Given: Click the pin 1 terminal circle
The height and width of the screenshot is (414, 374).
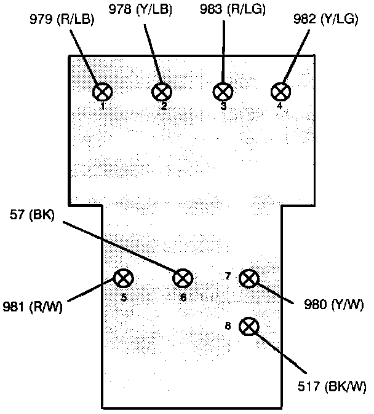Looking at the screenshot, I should click(x=103, y=92).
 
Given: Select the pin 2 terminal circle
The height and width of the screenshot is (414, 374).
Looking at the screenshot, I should click(x=161, y=92).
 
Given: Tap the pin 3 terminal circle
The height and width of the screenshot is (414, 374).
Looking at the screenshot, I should click(x=222, y=92).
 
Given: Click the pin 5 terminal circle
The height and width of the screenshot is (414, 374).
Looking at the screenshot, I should click(x=124, y=278).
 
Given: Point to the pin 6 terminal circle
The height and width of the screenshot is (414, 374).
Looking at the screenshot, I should click(x=183, y=278).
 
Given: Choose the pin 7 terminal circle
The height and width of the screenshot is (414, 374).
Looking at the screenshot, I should click(x=249, y=278).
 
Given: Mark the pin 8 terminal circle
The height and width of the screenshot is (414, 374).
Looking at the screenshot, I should click(x=249, y=326).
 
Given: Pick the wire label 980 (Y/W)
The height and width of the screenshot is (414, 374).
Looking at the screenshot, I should click(x=335, y=304).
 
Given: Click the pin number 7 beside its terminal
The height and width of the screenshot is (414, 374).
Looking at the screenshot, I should click(x=228, y=277).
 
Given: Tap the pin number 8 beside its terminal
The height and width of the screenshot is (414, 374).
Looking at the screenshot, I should click(x=228, y=326).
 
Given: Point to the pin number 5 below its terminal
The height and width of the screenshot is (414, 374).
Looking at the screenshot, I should click(x=124, y=298).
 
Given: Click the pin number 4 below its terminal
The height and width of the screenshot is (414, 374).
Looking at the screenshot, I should click(x=280, y=106).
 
